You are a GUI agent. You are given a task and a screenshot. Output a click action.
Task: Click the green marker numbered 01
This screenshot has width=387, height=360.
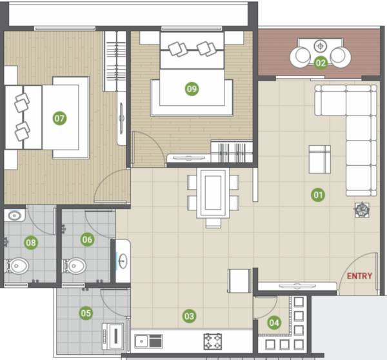pos(317,194)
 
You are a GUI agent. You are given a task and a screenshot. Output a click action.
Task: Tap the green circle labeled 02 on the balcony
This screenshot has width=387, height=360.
pos(321,63)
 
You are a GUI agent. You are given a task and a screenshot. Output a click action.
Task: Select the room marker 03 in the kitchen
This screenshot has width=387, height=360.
pos(189,316)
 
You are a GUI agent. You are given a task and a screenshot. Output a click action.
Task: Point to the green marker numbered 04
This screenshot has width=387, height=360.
pos(274,323)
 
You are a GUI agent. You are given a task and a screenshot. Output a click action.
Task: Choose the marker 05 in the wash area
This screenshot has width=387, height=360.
pos(85,314)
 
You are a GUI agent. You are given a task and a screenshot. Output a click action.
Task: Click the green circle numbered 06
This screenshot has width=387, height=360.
pos(87,239)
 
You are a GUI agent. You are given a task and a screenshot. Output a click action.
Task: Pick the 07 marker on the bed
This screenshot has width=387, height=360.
pos(59,118)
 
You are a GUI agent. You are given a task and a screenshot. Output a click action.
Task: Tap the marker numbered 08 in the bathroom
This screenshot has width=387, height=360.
pos(30,243)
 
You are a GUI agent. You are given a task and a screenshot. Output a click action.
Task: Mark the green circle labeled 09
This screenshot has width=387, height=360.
pos(192,89)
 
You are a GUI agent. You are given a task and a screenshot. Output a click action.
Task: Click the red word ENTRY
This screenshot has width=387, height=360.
pos(359,276)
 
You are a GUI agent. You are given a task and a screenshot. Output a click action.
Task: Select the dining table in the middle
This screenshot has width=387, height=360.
pos(213,193)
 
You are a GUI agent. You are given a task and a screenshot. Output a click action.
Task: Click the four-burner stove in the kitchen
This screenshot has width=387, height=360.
pos(213,341)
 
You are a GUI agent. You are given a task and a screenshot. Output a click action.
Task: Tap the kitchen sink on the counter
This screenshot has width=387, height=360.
pos(148,340)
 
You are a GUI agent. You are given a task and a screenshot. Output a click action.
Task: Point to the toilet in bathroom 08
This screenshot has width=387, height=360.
pos(17,265)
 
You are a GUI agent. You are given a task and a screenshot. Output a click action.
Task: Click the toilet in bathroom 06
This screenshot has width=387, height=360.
pos(74,265)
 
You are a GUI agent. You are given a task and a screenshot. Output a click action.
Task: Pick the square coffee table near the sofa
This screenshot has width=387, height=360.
pos(319,159)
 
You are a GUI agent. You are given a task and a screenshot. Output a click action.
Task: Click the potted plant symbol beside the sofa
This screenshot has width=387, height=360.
pos(362,209)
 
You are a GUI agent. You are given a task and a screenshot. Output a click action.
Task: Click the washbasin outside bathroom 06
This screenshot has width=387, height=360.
pos(123,261)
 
